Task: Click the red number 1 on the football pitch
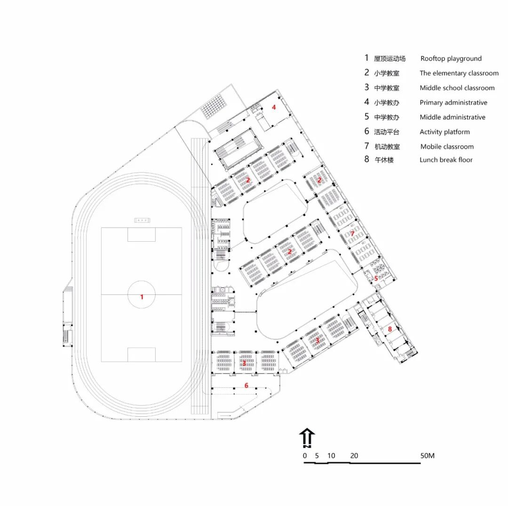pyautogui.click(x=142, y=297)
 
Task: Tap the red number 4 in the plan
pyautogui.click(x=274, y=107)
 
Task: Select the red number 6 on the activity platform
pyautogui.click(x=246, y=386)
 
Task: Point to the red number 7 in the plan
pyautogui.click(x=352, y=233)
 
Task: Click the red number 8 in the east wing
pyautogui.click(x=389, y=329)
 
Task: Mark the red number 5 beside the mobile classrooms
pyautogui.click(x=376, y=278)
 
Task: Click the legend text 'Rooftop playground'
pyautogui.click(x=451, y=59)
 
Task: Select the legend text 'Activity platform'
pyautogui.click(x=444, y=132)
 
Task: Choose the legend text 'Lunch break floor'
pyautogui.click(x=446, y=160)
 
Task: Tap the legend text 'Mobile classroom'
pyautogui.click(x=447, y=147)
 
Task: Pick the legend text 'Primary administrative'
pyautogui.click(x=453, y=103)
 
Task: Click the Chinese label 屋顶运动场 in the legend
pyautogui.click(x=389, y=59)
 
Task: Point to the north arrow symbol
pyautogui.click(x=307, y=437)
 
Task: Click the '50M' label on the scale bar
pyautogui.click(x=427, y=456)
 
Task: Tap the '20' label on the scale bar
pyautogui.click(x=354, y=456)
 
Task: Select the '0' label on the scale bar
pyautogui.click(x=305, y=456)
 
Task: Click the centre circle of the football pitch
pyautogui.click(x=142, y=294)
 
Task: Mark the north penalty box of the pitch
pyautogui.click(x=142, y=235)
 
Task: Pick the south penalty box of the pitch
pyautogui.click(x=142, y=355)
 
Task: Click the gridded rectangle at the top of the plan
pyautogui.click(x=217, y=105)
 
